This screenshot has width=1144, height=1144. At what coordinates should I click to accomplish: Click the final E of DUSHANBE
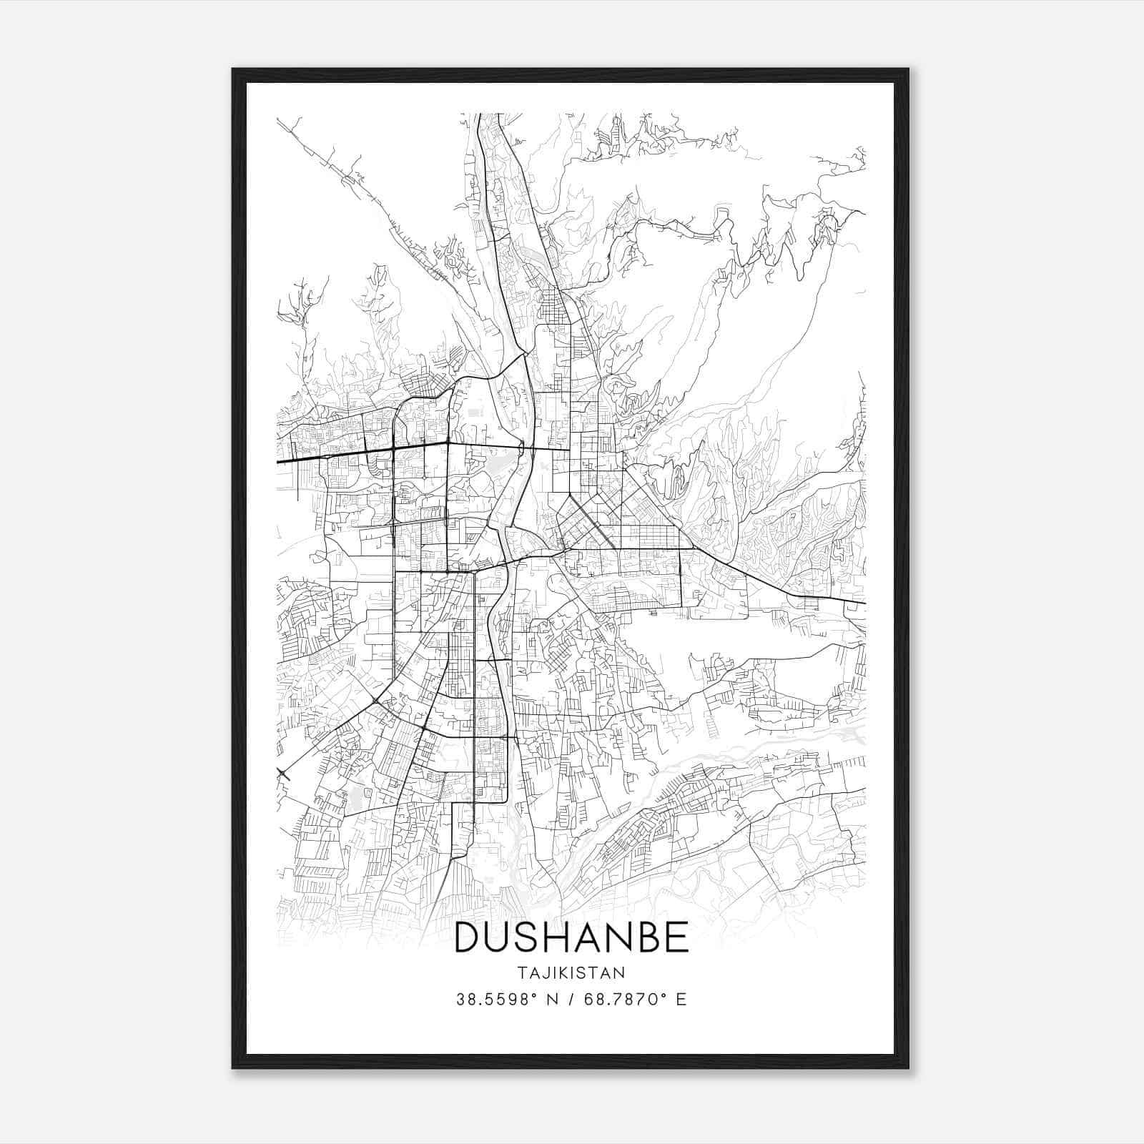click(676, 937)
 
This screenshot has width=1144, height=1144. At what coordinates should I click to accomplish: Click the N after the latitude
click(552, 1000)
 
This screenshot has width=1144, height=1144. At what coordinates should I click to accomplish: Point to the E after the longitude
click(681, 1000)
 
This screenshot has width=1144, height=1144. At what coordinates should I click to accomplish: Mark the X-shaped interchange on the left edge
click(283, 771)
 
